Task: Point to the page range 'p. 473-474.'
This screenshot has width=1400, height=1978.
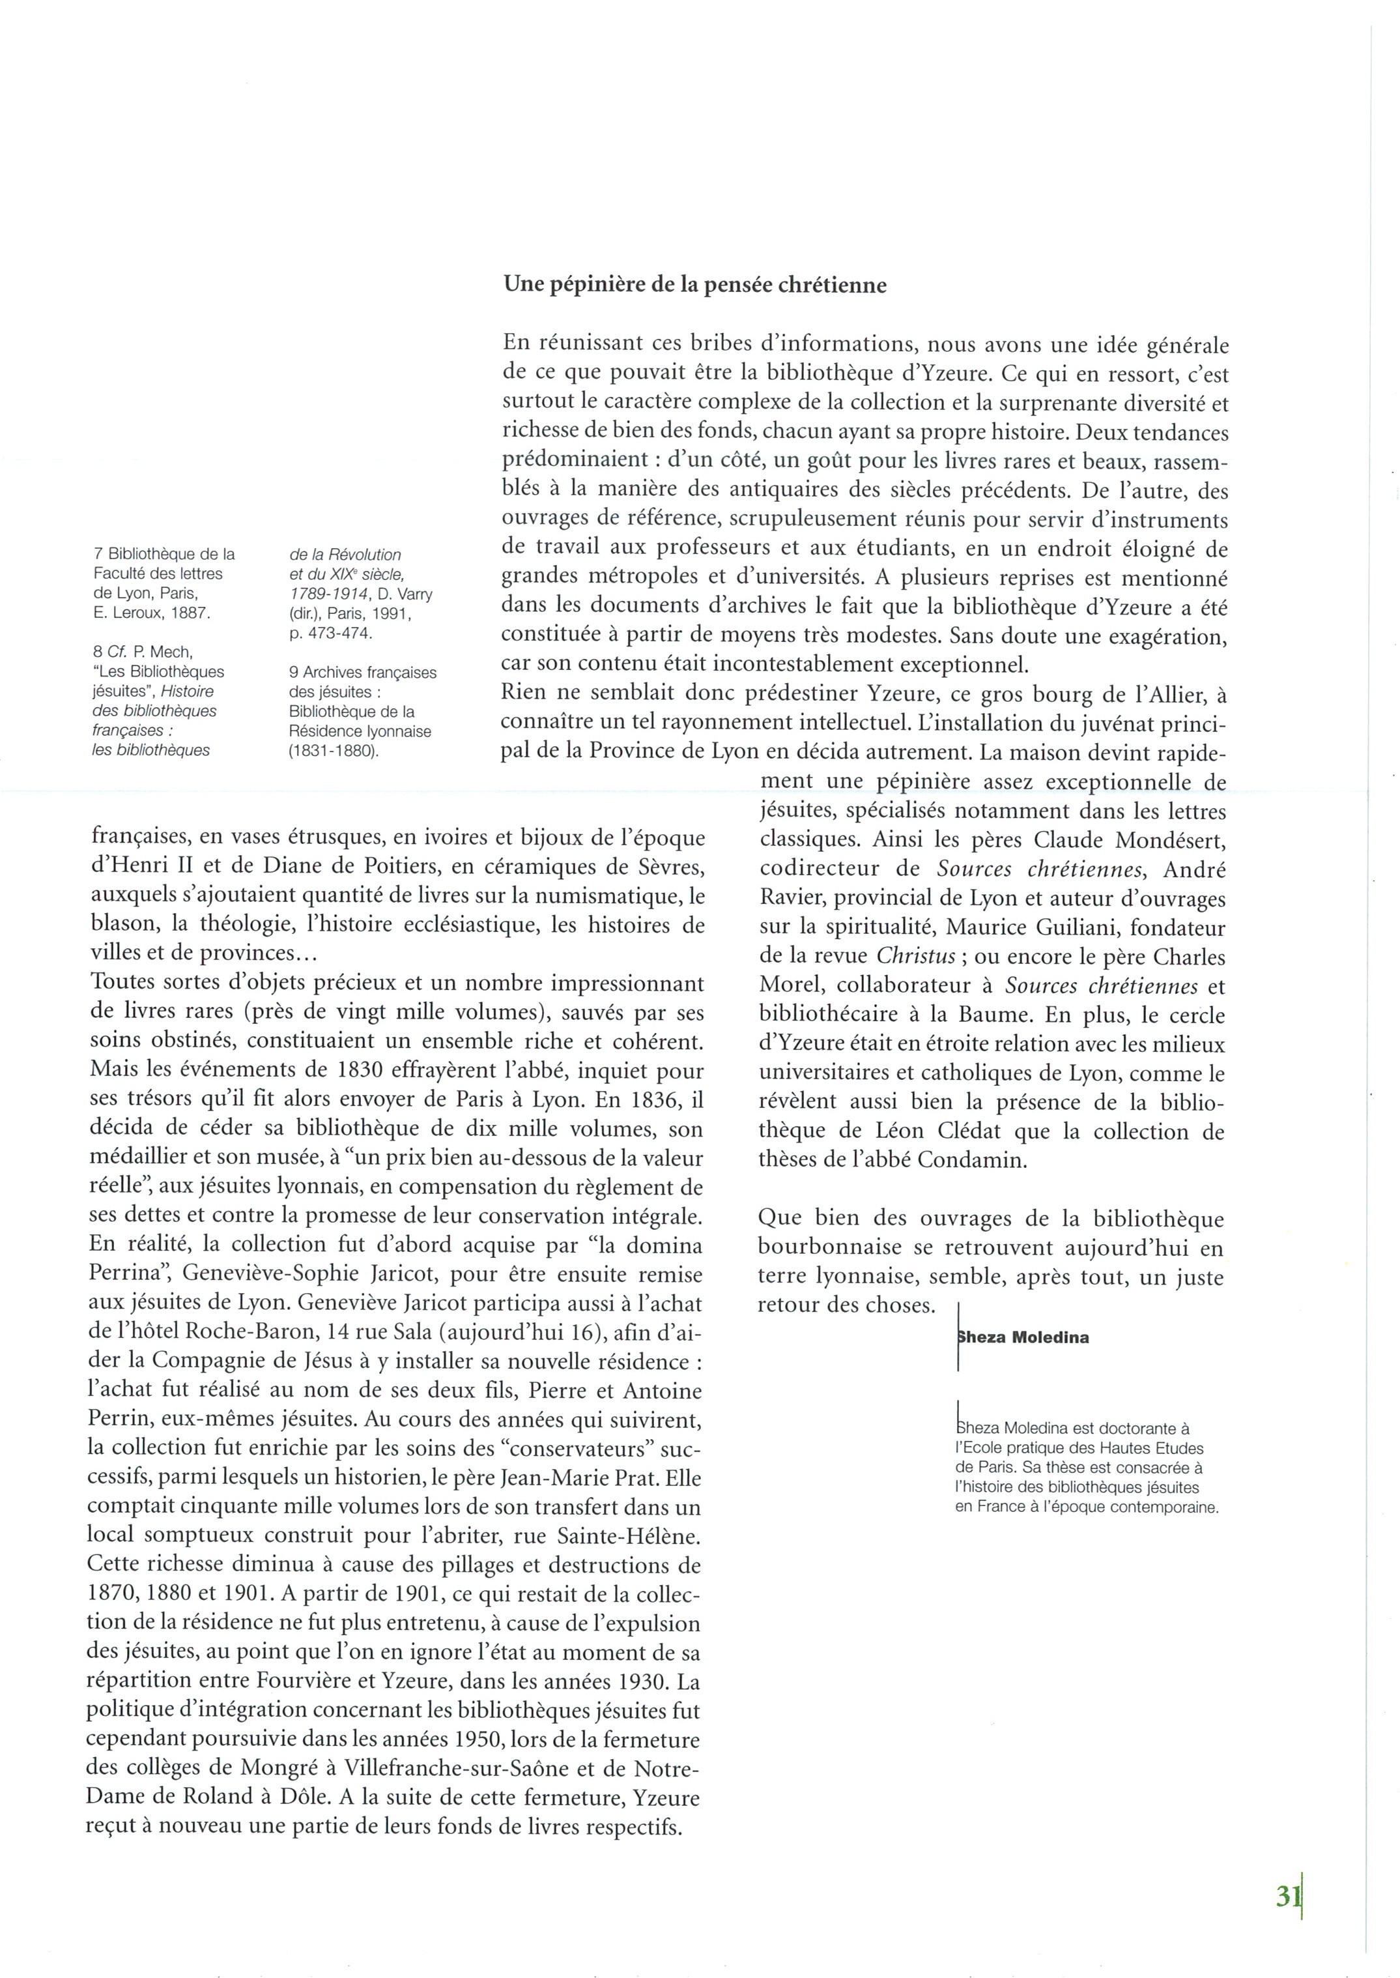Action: tap(331, 633)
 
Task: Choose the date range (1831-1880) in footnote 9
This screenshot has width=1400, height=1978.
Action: tap(334, 750)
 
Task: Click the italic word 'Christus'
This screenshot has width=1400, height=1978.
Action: tap(915, 956)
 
